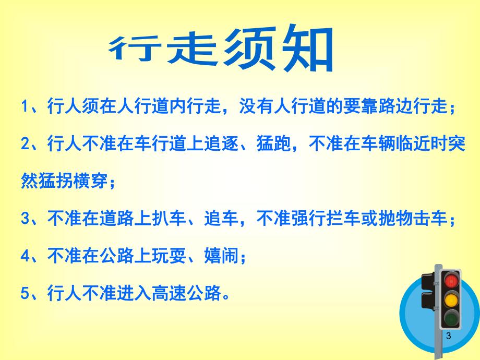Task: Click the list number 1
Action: [x=23, y=106]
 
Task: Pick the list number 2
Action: [x=24, y=144]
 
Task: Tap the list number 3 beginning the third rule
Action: [x=24, y=220]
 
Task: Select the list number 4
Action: [x=24, y=256]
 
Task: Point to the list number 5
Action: [x=24, y=294]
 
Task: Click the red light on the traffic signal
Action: [x=449, y=280]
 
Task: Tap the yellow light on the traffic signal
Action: [x=449, y=299]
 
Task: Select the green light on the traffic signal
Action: [x=449, y=318]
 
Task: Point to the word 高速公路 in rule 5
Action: [x=184, y=294]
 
